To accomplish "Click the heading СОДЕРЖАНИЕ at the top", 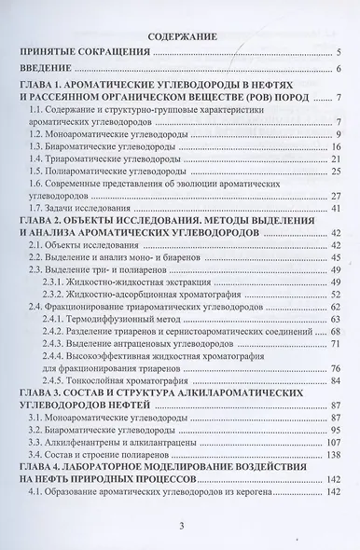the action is [183, 36].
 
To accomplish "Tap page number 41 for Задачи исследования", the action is [339, 211].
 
